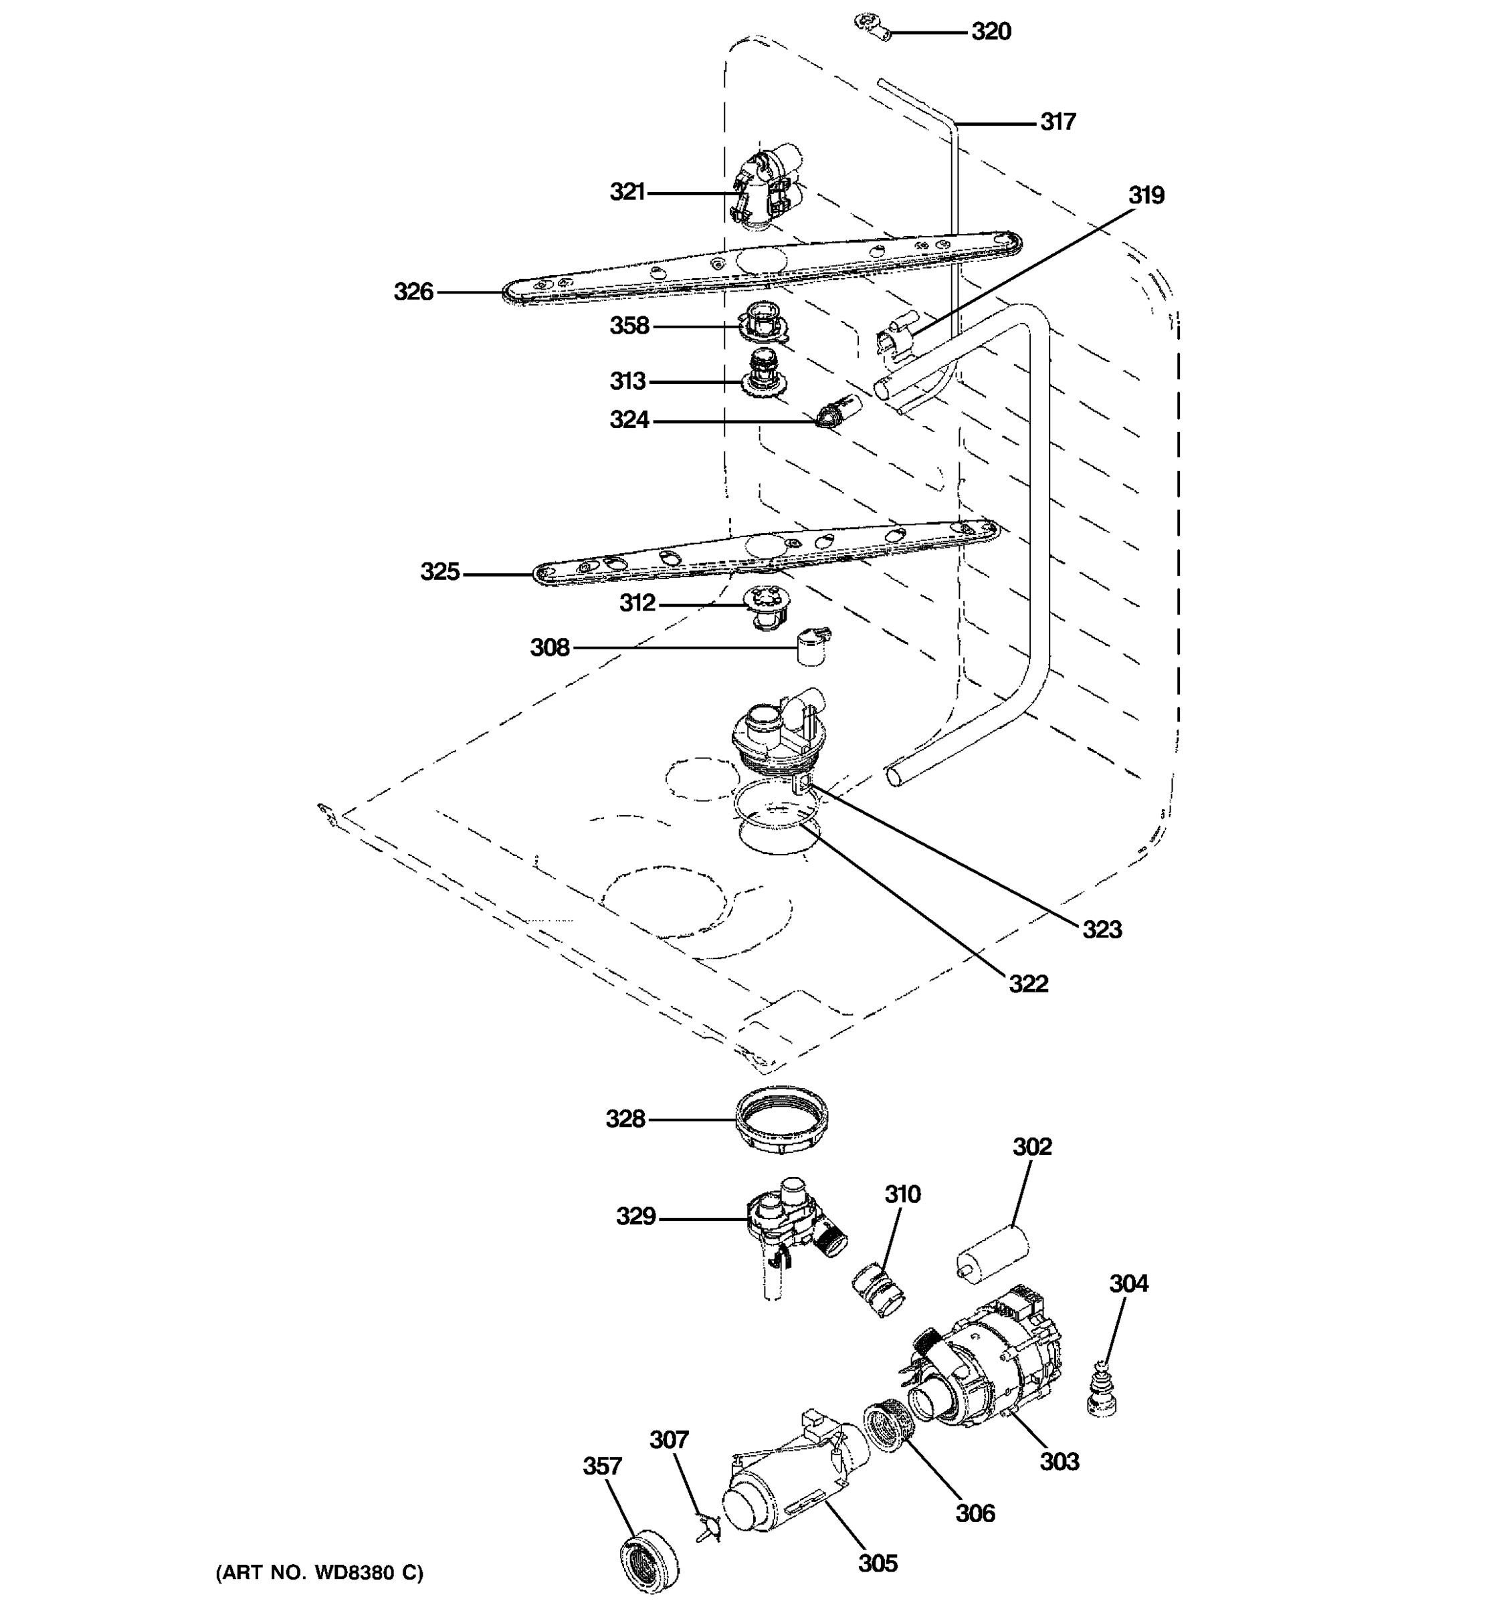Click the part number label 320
[x=991, y=31]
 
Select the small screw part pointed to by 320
[x=874, y=27]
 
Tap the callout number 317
[x=1058, y=122]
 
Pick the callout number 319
[x=1146, y=195]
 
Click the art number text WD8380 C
[x=319, y=1572]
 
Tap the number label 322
[x=1028, y=983]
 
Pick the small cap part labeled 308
[x=812, y=647]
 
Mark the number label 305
[x=878, y=1563]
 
